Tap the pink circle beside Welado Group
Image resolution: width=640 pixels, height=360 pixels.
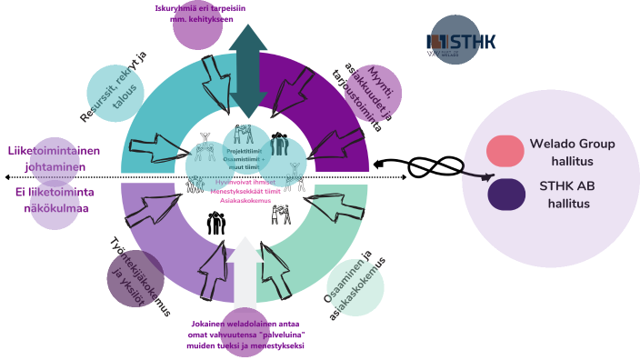coord(503,153)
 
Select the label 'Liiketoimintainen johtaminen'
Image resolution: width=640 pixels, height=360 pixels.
coord(54,159)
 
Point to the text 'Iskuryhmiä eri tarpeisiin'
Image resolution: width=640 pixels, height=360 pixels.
coord(199,8)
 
